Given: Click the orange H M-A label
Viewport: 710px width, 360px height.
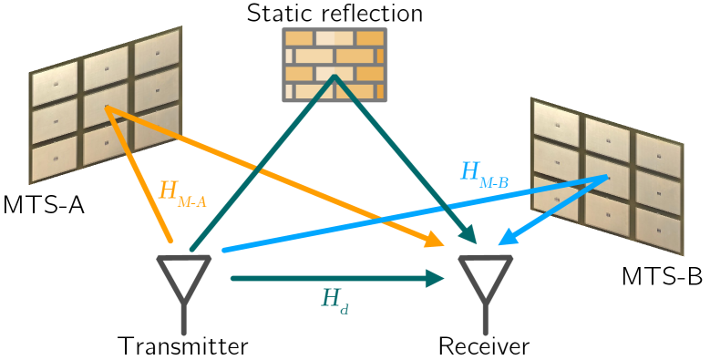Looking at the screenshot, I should click(182, 193).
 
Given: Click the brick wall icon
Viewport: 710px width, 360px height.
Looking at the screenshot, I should click(334, 65).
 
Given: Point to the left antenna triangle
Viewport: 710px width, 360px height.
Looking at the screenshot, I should click(184, 275).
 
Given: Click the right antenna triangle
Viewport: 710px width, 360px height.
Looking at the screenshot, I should click(485, 275).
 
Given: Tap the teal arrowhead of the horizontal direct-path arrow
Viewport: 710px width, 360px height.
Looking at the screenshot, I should click(436, 278).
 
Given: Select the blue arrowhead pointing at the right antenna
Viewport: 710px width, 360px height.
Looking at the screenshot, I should click(505, 240).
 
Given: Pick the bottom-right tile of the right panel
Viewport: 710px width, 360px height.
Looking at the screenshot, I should click(658, 231).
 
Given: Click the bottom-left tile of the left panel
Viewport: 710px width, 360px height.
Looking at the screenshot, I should click(54, 159).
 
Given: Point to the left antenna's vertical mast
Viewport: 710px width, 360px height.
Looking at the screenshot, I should click(184, 319).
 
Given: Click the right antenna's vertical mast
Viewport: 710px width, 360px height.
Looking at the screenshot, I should click(485, 319).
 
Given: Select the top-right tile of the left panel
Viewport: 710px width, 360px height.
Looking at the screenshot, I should click(157, 54).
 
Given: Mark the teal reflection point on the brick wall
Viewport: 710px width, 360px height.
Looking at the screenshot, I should click(334, 78).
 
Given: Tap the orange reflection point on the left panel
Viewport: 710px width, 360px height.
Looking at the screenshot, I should click(107, 108).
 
